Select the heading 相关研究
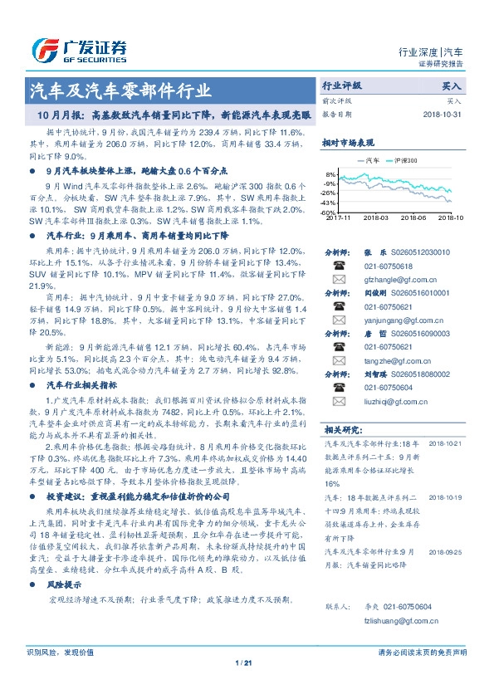click(343, 430)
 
